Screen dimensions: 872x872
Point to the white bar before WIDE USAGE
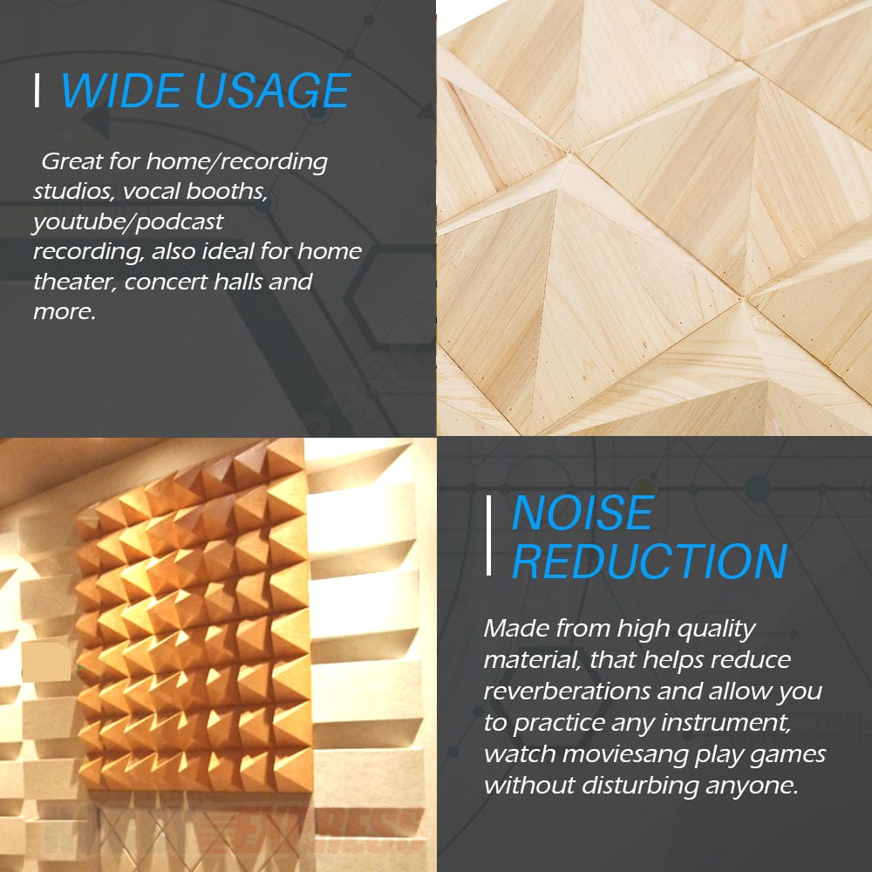click(x=37, y=91)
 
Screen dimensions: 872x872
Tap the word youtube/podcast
click(x=128, y=222)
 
